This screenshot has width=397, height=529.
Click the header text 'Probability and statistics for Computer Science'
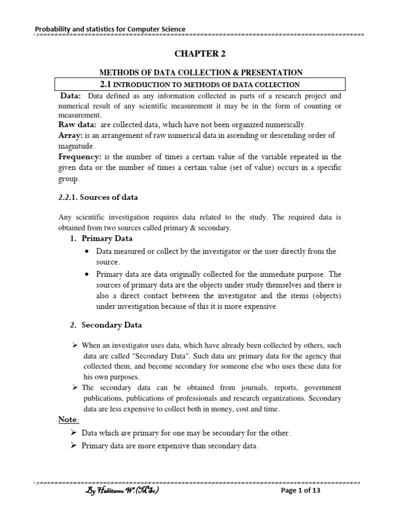click(x=110, y=29)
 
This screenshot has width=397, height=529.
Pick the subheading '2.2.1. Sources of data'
click(x=98, y=197)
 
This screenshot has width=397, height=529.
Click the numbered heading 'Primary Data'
click(x=107, y=239)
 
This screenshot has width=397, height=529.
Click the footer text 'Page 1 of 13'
click(x=301, y=491)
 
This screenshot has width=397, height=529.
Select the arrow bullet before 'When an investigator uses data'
click(x=74, y=345)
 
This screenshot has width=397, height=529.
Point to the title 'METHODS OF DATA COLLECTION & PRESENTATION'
click(x=201, y=73)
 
